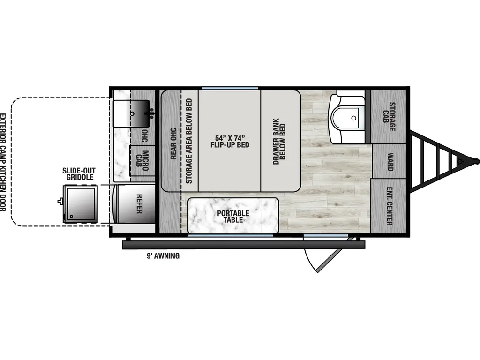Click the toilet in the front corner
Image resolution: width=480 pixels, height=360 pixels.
coord(347,117)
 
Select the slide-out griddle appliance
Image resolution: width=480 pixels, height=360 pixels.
coord(79,203)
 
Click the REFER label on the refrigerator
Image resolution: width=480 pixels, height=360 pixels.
coord(139,204)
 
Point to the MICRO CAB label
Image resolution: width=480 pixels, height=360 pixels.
coord(142,160)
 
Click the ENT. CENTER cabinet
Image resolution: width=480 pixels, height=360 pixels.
coord(389,206)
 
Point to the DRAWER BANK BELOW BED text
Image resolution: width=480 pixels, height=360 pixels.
coord(279,141)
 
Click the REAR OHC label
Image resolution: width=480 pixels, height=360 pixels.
coord(173,143)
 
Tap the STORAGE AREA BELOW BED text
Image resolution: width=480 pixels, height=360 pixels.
coord(189,141)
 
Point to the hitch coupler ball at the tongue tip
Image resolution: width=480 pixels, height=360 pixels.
coord(475,161)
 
